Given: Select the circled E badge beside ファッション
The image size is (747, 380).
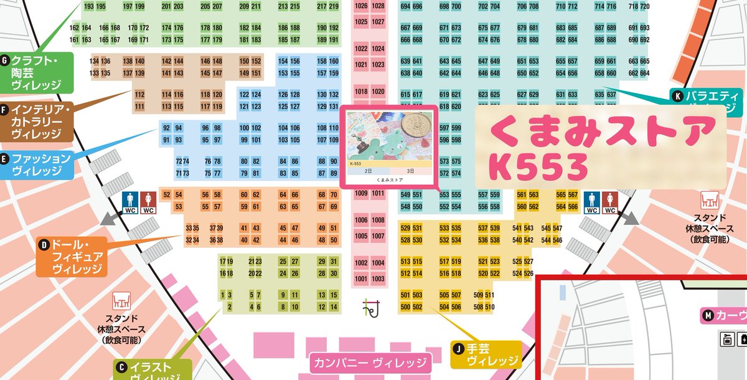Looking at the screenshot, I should point(6,158).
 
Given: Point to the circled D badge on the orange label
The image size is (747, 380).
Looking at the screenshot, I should point(44,245).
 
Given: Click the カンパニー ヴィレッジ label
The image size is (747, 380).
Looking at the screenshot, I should point(370,363).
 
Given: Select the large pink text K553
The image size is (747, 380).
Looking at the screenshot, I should point(538,166).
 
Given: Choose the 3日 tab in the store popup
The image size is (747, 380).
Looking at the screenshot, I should point(411,170).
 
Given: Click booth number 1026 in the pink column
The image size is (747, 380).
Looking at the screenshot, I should point(361,6).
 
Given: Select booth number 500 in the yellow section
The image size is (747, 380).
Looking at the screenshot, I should point(405,306).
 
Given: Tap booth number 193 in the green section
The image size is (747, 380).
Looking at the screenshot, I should point(88,6).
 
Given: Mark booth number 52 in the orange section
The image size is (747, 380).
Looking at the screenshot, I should point(166,195).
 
